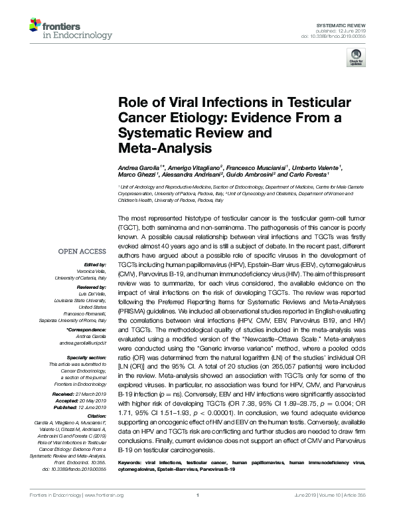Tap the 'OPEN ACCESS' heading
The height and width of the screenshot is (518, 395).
pyautogui.click(x=82, y=252)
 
